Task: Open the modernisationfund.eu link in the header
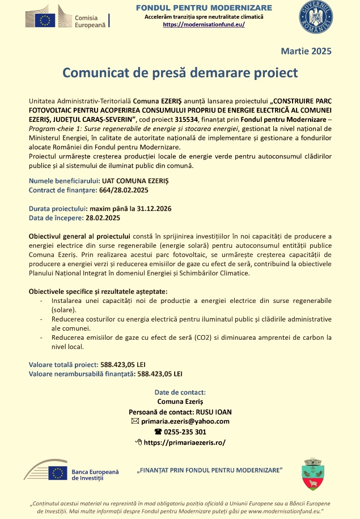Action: tap(204, 25)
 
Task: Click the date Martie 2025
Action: tap(306, 51)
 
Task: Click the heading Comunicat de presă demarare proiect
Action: tap(180, 73)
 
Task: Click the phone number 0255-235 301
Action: tap(185, 431)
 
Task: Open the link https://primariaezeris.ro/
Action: tap(185, 442)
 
